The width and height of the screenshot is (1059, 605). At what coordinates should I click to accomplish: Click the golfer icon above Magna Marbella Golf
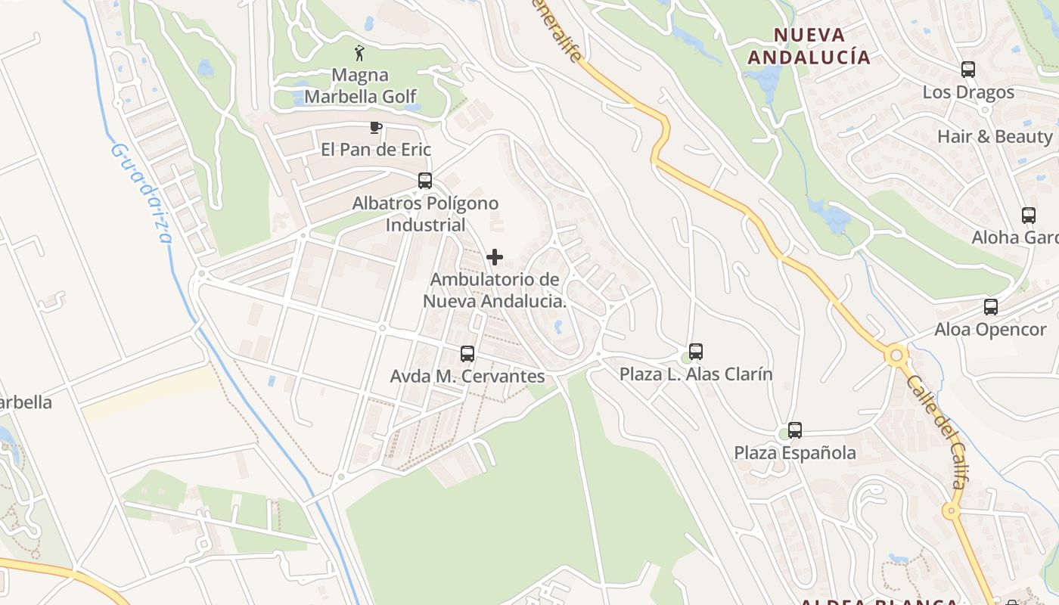coord(359,53)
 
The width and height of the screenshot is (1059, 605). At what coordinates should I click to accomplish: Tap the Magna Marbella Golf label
coord(361,85)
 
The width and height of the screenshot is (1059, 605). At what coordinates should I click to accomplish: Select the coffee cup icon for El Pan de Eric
coord(375,127)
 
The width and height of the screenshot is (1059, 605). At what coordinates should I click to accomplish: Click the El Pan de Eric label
coord(376,149)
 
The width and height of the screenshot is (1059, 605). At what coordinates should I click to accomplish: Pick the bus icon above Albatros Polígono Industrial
coord(425,181)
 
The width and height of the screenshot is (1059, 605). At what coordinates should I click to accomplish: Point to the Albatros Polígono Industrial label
coord(425,214)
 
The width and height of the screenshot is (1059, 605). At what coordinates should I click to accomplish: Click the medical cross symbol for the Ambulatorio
coord(495,257)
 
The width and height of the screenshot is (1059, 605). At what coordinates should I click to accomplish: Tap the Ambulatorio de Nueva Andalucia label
coord(495,290)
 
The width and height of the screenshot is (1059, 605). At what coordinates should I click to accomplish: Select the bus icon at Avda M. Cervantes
coord(467,353)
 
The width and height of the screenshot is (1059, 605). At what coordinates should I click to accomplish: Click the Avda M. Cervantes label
coord(467,376)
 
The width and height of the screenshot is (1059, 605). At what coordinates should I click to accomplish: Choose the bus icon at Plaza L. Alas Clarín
coord(696,351)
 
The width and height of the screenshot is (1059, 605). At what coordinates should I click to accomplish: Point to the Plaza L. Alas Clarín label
coord(696,374)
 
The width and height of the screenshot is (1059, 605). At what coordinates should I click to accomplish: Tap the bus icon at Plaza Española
coord(795,430)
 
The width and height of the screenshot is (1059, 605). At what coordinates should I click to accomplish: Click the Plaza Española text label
coord(795,453)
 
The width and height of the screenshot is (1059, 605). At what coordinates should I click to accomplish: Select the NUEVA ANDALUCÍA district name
coord(809,46)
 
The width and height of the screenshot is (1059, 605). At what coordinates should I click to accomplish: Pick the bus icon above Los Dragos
coord(968,70)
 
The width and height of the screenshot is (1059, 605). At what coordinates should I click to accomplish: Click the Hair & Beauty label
coord(995,137)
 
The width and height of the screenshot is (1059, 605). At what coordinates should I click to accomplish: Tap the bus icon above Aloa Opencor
coord(991,307)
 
